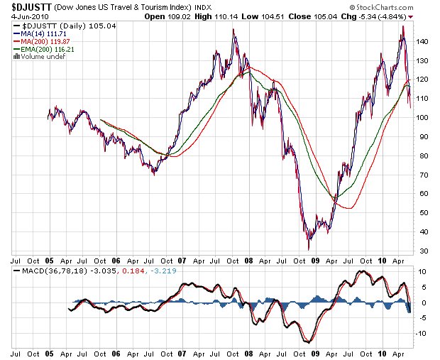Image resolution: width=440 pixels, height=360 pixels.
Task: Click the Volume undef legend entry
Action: coord(38,57)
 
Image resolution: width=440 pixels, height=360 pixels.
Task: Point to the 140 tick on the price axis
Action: coord(422,42)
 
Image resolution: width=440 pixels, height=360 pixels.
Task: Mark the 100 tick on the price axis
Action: coord(422,118)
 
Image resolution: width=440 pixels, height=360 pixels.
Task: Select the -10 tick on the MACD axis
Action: coord(421,334)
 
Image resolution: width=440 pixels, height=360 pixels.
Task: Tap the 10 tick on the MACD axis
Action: coord(420,272)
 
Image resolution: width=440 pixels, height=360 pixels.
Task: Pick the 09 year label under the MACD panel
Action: coord(315,353)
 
